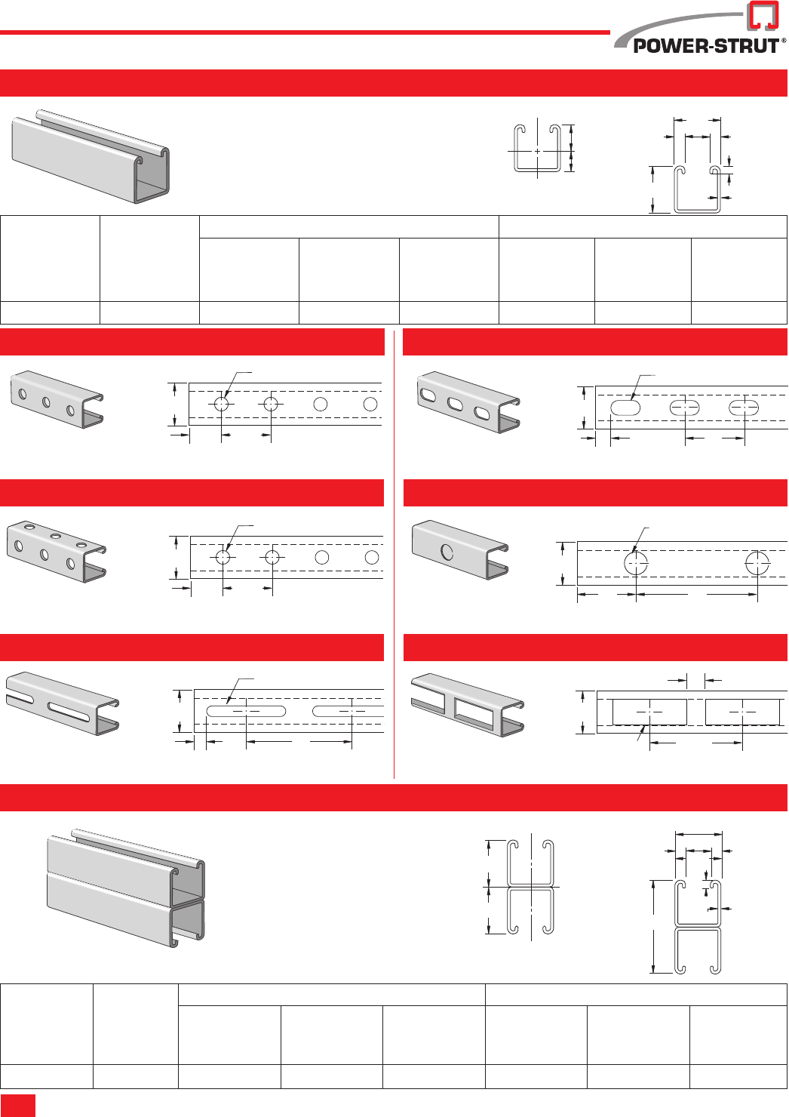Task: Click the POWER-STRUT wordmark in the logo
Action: pyautogui.click(x=705, y=46)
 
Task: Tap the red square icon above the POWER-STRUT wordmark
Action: pyautogui.click(x=763, y=16)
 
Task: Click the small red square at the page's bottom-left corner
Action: pyautogui.click(x=17, y=1105)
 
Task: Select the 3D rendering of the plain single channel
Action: pyautogui.click(x=91, y=157)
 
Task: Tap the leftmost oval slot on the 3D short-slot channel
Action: pyautogui.click(x=429, y=394)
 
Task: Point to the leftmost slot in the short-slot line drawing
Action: pyautogui.click(x=625, y=408)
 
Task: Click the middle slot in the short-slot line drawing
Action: pyautogui.click(x=685, y=408)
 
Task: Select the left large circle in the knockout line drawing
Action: pyautogui.click(x=636, y=563)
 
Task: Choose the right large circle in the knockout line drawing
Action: pyautogui.click(x=757, y=563)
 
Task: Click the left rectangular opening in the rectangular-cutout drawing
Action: pyautogui.click(x=649, y=712)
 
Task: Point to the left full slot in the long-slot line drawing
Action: pyautogui.click(x=246, y=711)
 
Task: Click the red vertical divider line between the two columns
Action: pyautogui.click(x=394, y=551)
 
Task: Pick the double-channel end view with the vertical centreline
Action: pyautogui.click(x=530, y=887)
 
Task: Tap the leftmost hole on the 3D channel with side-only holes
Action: pyautogui.click(x=23, y=394)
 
